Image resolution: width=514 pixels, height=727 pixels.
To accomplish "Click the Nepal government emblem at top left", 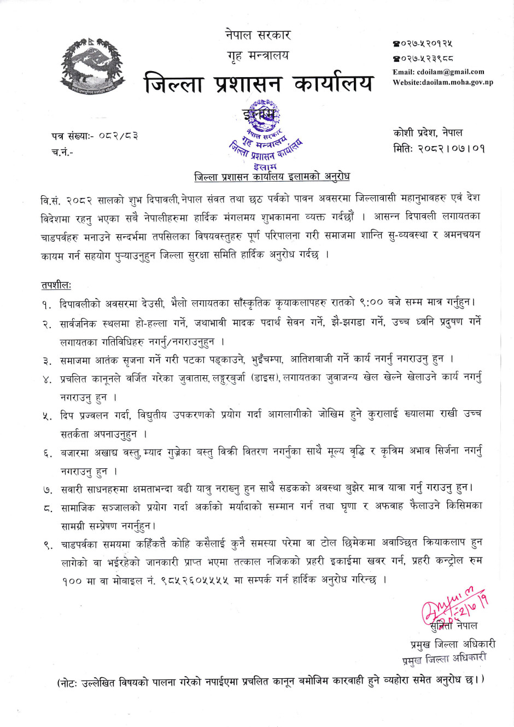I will (x=92, y=65).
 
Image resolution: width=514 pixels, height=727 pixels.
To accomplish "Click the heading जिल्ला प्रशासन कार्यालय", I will (x=258, y=84).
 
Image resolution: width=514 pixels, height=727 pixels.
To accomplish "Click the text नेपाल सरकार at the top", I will (x=258, y=35).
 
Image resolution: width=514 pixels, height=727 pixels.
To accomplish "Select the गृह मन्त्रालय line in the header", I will (x=258, y=55).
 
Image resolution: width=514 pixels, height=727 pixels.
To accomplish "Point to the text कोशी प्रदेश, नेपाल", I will (x=428, y=132).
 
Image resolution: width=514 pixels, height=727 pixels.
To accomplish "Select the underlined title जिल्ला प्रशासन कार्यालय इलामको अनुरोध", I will (x=272, y=177).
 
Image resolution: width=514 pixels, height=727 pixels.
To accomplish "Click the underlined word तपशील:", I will (x=56, y=285).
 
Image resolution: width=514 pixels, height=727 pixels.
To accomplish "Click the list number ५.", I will (x=48, y=416).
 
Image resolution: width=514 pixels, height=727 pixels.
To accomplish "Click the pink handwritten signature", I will (x=455, y=604).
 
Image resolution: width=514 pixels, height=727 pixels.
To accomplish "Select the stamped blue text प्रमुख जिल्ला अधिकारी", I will (x=444, y=659).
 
